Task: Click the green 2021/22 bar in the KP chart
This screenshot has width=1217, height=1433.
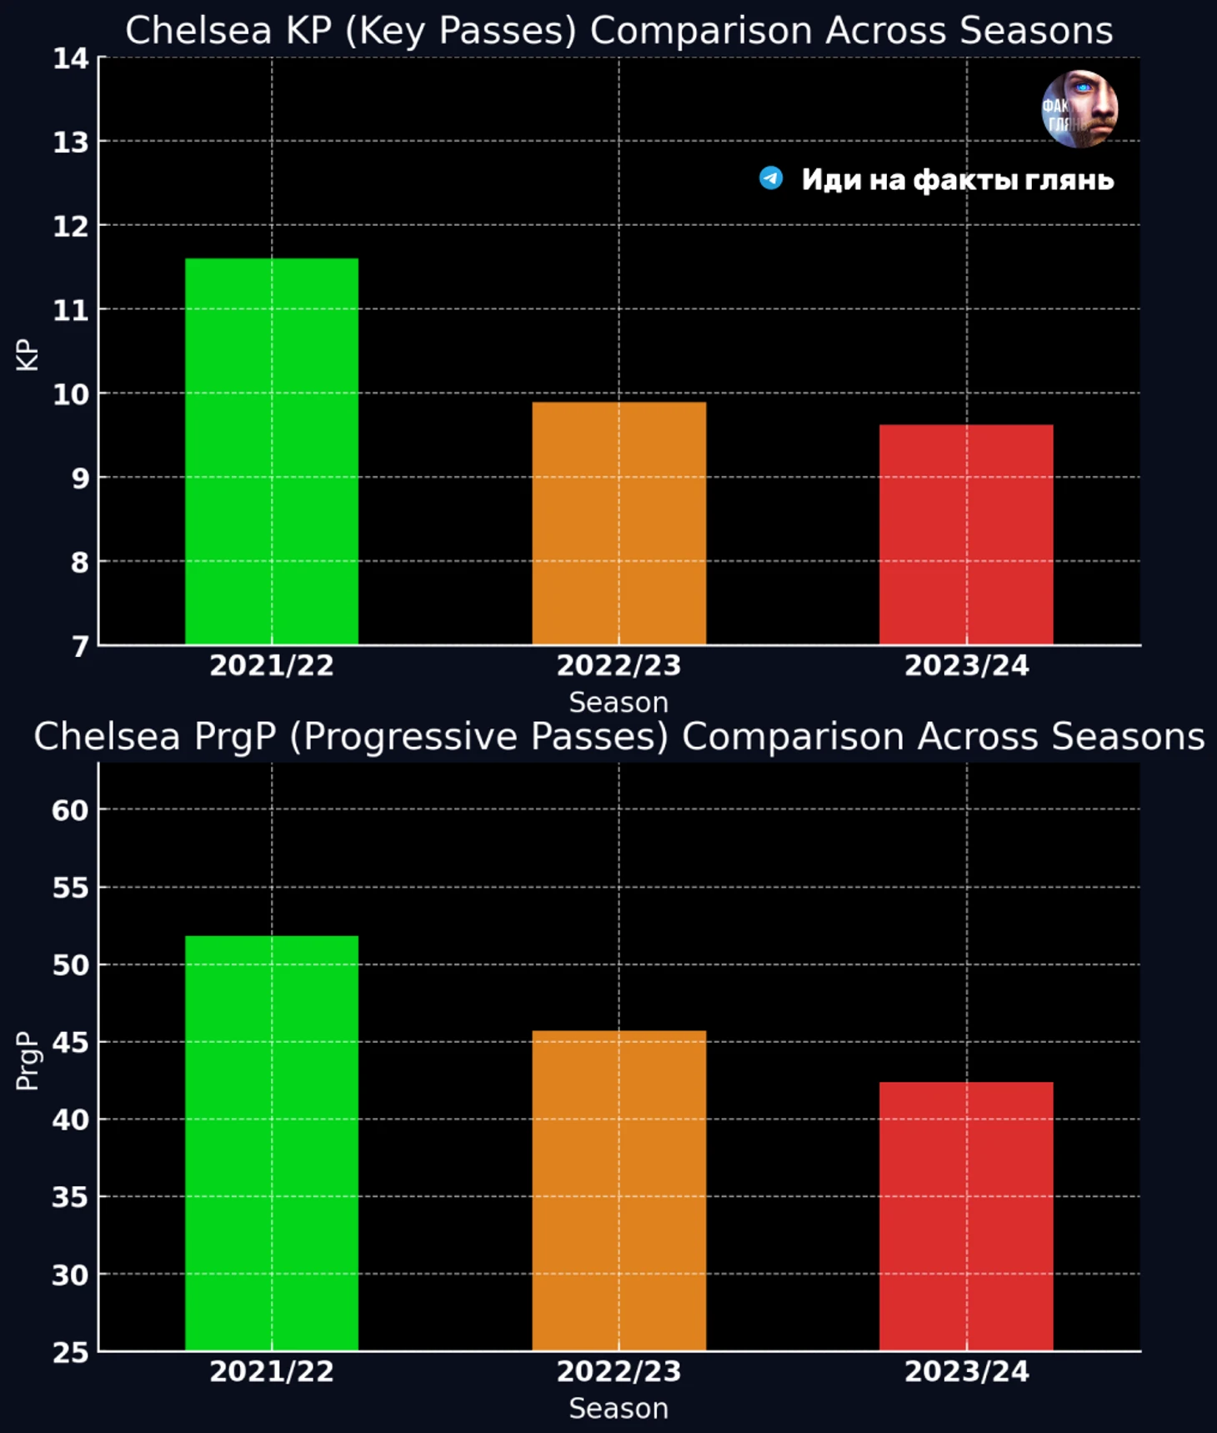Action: point(272,451)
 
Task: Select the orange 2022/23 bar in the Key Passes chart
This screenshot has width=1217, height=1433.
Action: point(619,524)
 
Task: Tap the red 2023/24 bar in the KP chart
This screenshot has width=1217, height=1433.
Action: point(966,534)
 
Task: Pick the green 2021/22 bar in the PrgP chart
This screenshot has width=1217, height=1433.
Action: point(272,1142)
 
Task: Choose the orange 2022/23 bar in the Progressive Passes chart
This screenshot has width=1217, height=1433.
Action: point(619,1190)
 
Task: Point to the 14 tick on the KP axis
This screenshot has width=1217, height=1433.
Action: point(71,58)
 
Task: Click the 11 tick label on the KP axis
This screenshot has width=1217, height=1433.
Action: point(71,311)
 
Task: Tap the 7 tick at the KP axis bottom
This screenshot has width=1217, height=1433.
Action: point(79,647)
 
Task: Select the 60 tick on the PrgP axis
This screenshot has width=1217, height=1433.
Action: point(70,810)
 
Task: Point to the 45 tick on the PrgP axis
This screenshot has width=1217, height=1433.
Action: point(70,1043)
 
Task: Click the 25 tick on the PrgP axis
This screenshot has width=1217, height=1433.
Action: point(70,1352)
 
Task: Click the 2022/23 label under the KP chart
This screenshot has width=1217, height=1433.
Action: point(619,665)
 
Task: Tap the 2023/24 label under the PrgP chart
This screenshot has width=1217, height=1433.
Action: point(966,1371)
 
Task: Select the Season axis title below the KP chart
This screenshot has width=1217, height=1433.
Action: point(619,703)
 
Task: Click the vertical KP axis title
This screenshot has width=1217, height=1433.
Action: point(28,354)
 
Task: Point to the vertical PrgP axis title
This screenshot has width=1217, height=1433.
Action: point(28,1060)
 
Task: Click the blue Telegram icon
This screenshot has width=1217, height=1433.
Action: point(771,178)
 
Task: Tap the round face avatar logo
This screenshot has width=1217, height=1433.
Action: point(1079,109)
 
